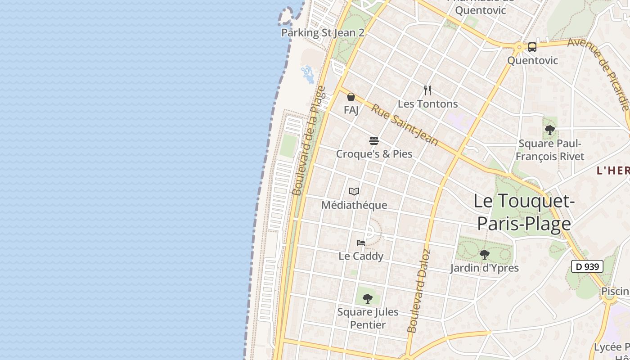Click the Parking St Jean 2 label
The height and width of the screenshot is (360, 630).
[x=323, y=33]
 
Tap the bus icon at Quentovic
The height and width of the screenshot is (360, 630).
[x=532, y=47]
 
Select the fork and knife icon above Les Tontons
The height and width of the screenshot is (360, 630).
[x=427, y=90]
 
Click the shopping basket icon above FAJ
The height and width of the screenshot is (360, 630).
[x=351, y=97]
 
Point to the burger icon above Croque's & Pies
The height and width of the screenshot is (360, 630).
[x=373, y=141]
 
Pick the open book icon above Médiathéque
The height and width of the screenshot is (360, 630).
[x=354, y=192]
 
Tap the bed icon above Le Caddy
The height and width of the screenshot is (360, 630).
[x=361, y=243]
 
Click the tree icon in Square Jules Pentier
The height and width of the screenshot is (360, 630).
[x=368, y=298]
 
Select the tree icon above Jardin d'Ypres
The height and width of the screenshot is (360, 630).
[x=484, y=255]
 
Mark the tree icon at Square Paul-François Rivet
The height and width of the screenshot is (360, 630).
[x=549, y=130]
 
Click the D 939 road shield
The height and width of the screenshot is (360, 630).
[x=587, y=266]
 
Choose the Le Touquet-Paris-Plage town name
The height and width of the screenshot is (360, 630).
[x=524, y=212]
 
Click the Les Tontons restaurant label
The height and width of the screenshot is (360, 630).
[x=427, y=104]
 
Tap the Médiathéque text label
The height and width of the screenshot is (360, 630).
[x=354, y=205]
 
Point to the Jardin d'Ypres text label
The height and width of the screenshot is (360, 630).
[x=484, y=268]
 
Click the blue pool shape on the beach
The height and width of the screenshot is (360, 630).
[x=308, y=74]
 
